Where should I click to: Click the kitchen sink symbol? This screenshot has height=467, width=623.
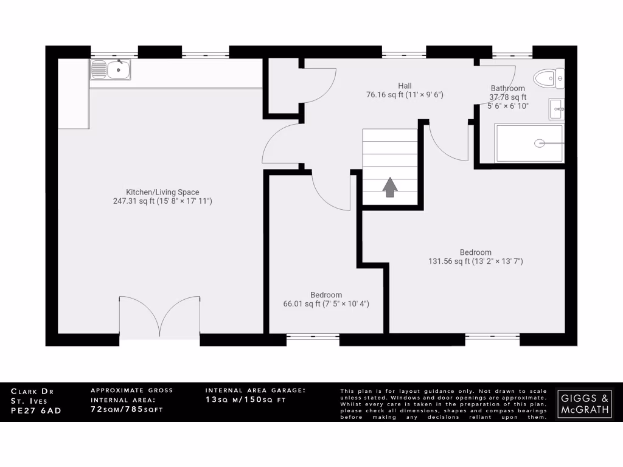(x=111, y=70)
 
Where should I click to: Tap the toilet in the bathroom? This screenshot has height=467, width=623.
(x=549, y=78)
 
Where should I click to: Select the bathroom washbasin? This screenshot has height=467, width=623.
(x=556, y=109)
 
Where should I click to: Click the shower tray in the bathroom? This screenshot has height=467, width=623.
(x=529, y=144)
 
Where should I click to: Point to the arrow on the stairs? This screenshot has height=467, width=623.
(x=389, y=187)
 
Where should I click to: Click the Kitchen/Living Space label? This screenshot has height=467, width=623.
(x=162, y=192)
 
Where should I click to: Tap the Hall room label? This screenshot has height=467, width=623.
(x=405, y=86)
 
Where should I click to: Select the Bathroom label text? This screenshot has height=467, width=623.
(x=507, y=88)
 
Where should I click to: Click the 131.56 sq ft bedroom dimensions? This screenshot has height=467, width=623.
(x=476, y=261)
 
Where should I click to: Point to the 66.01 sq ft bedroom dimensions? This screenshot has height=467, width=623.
(x=326, y=304)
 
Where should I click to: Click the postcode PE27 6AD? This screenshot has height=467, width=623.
(x=37, y=410)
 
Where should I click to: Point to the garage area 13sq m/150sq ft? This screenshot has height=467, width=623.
(x=246, y=400)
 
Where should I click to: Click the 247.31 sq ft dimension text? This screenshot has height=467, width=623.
(x=162, y=201)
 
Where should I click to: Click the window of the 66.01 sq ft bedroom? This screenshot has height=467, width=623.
(x=313, y=335)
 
